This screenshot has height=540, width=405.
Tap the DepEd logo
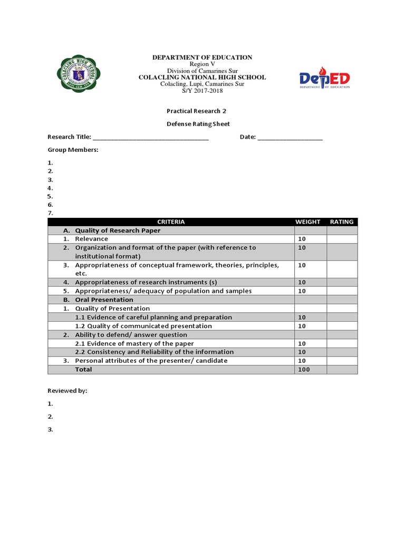pyautogui.click(x=324, y=81)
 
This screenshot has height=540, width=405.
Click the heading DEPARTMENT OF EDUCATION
pyautogui.click(x=202, y=57)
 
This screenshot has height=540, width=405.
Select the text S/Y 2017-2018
pyautogui.click(x=202, y=91)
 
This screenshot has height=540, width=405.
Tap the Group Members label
pyautogui.click(x=73, y=150)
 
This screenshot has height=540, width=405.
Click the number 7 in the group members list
pyautogui.click(x=50, y=213)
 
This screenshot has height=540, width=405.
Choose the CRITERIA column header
pyautogui.click(x=171, y=222)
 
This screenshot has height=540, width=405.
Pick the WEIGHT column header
pyautogui.click(x=307, y=222)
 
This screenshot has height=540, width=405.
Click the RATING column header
pyautogui.click(x=342, y=222)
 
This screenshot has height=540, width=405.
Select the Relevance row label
pyautogui.click(x=91, y=239)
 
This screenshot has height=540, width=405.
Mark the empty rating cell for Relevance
pyautogui.click(x=342, y=239)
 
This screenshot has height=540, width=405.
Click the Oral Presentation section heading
pyautogui.click(x=104, y=300)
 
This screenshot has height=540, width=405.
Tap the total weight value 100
pyautogui.click(x=304, y=370)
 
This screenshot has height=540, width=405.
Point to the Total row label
pyautogui.click(x=83, y=370)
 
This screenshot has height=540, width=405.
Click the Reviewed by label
pyautogui.click(x=67, y=391)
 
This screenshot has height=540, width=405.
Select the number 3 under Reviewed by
pyautogui.click(x=50, y=429)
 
